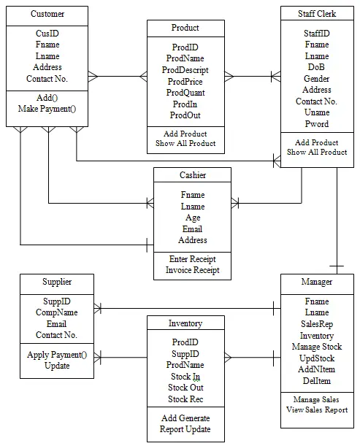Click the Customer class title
click(x=47, y=14)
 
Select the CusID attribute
click(x=47, y=34)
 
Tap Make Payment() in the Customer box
click(x=47, y=109)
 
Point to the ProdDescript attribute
click(x=185, y=70)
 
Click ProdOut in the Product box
click(x=185, y=115)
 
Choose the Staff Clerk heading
click(x=317, y=14)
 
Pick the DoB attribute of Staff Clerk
click(x=316, y=67)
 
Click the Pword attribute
click(x=317, y=124)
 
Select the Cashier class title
click(x=193, y=175)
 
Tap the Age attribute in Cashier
click(x=193, y=218)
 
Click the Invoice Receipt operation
click(x=193, y=270)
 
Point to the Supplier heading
click(x=57, y=282)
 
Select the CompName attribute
click(x=57, y=312)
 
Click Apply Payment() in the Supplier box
click(x=57, y=355)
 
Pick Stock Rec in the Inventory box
click(x=185, y=399)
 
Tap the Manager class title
click(x=317, y=282)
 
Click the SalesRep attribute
click(x=317, y=324)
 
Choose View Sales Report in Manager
click(x=317, y=410)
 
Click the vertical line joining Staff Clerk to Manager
click(x=337, y=220)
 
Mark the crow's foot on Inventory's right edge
click(x=228, y=358)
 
